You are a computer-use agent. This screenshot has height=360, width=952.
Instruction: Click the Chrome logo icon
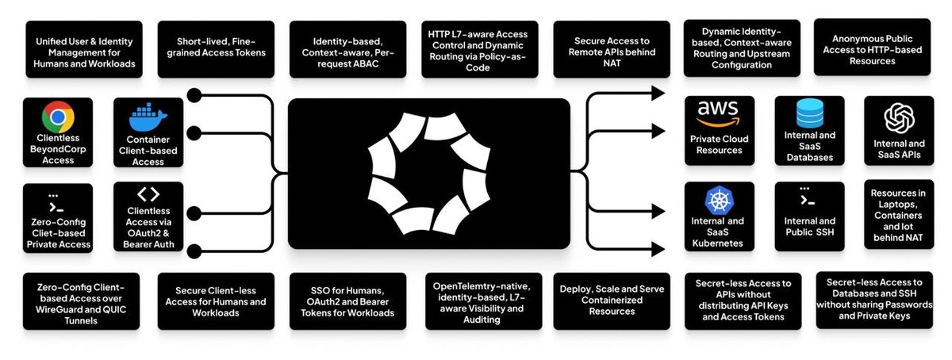point(58,119)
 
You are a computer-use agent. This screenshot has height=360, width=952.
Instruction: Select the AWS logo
point(719,113)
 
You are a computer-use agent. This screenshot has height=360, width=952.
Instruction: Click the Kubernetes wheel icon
point(719,200)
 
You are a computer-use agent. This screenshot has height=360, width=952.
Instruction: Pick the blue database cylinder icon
point(809,114)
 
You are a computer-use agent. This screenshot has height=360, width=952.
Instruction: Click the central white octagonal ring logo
point(428,174)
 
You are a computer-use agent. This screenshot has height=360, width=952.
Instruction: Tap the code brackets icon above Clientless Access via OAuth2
point(148,194)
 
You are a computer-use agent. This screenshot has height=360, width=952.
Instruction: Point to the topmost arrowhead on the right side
point(658,93)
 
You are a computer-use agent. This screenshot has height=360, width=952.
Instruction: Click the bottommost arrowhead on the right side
point(658,250)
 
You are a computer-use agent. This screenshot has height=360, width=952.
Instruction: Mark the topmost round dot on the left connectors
point(193,96)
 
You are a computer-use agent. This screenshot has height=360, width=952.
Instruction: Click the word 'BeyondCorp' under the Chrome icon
point(58,148)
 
